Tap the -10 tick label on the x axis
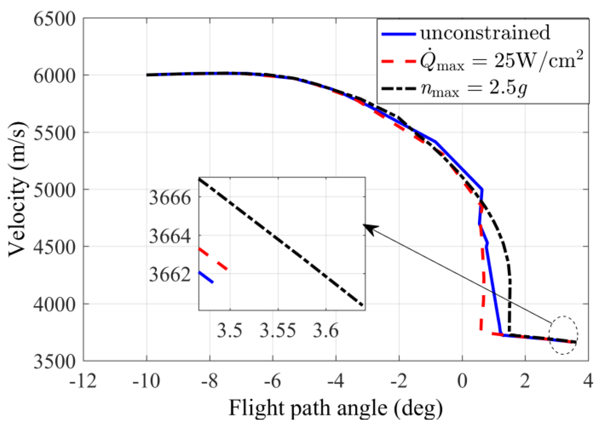(146, 381)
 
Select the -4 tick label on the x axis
(335, 381)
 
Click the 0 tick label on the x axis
(462, 381)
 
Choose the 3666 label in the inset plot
(170, 198)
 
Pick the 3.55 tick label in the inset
(278, 331)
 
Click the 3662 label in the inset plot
(170, 274)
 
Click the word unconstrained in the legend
(485, 33)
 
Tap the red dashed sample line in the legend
(399, 61)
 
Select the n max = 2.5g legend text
(474, 88)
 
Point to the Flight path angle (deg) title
(335, 408)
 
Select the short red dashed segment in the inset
(213, 259)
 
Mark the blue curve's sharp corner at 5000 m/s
(482, 189)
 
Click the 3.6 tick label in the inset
(326, 331)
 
